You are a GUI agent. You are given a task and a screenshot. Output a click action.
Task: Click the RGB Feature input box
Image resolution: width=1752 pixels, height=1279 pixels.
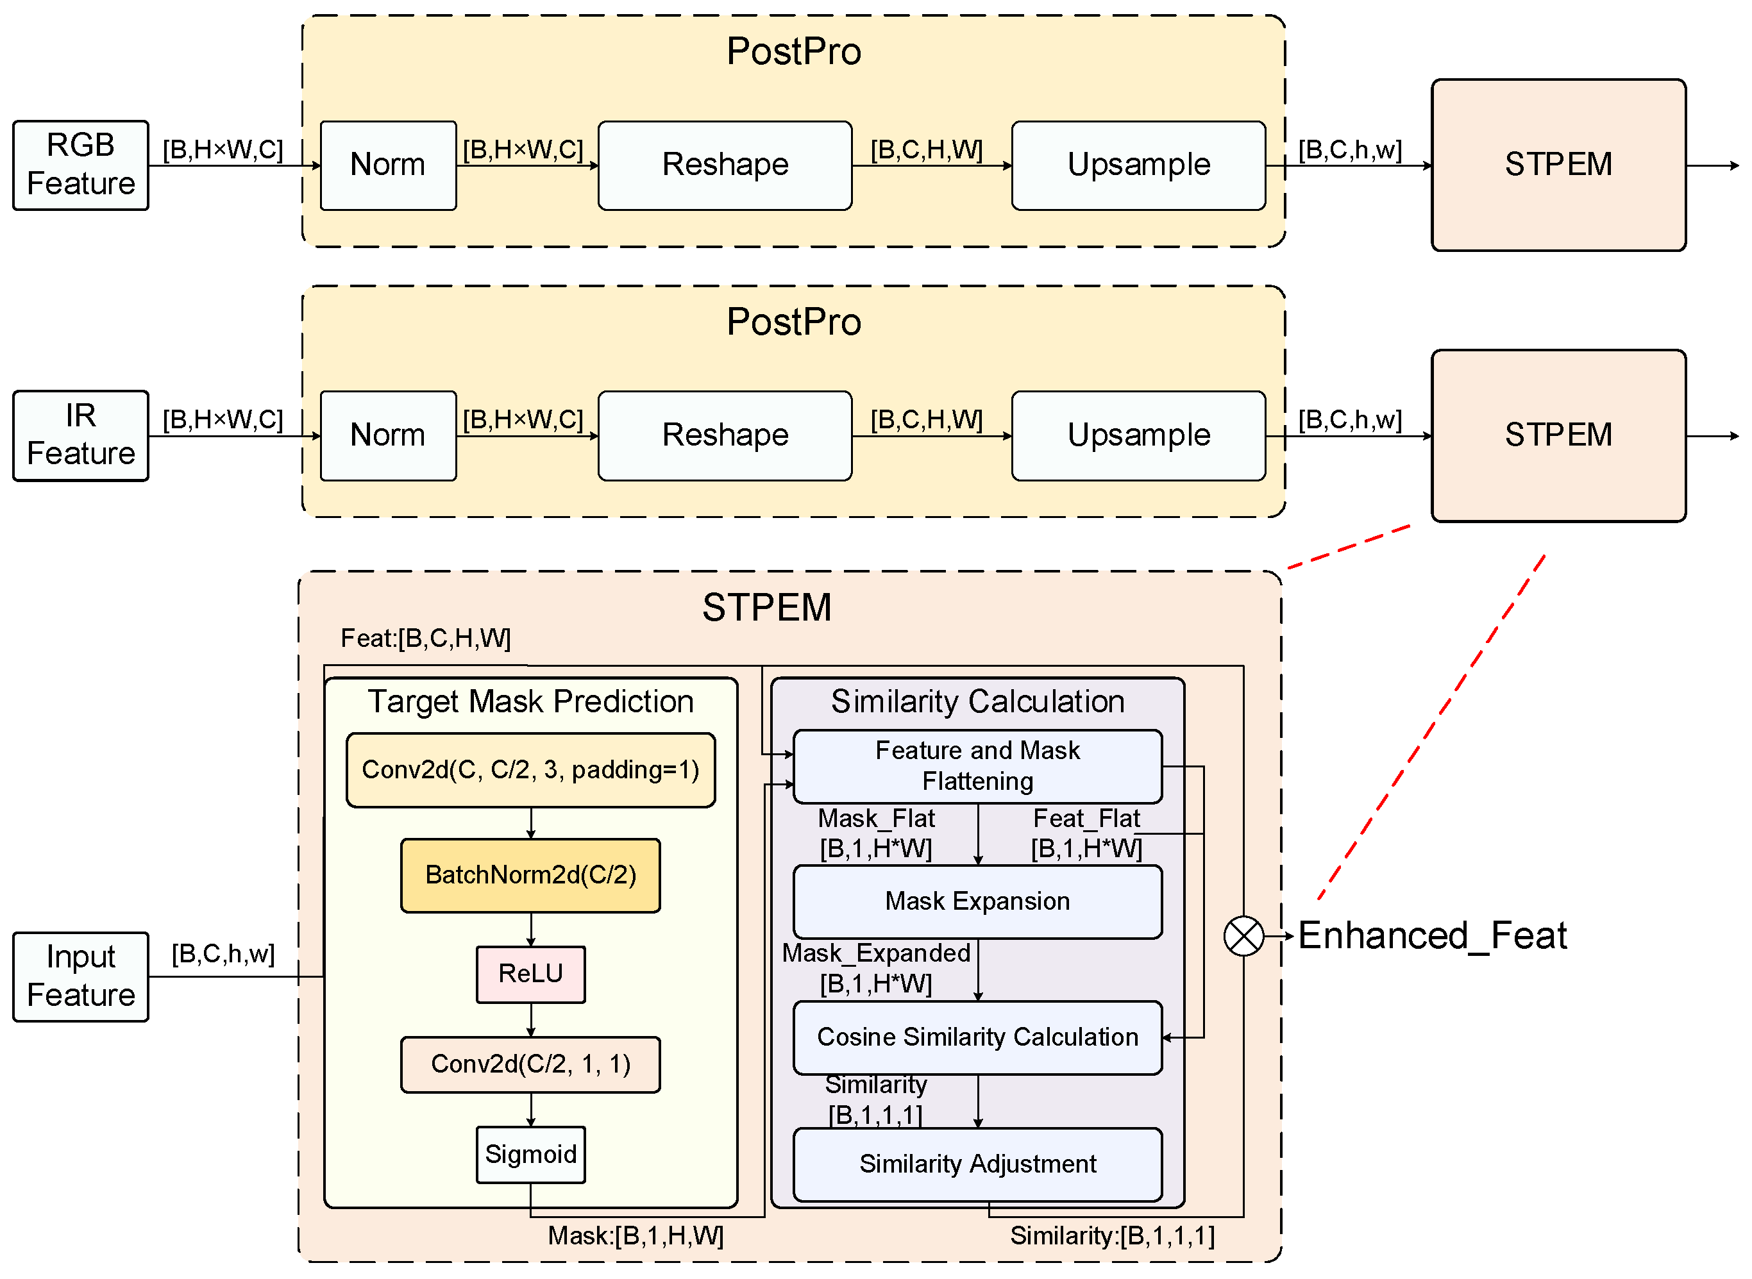(81, 165)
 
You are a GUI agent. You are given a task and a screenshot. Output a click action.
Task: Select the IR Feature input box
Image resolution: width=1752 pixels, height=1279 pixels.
(81, 435)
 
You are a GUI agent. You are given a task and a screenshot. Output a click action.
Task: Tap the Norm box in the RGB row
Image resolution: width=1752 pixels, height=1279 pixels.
(387, 165)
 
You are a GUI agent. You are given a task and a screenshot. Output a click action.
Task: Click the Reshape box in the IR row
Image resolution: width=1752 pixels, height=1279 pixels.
(724, 435)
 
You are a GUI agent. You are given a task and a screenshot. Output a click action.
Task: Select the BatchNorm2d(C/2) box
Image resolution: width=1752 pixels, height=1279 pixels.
(530, 875)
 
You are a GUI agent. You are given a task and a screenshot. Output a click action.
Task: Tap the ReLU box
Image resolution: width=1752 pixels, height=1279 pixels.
(530, 973)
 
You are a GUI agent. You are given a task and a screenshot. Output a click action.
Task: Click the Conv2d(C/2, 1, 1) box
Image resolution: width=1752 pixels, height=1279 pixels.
(530, 1064)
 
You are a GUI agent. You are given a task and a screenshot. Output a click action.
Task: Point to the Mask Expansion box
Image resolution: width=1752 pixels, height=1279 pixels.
(977, 901)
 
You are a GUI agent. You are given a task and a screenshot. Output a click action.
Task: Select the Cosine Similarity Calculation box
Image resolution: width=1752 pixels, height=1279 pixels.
(977, 1037)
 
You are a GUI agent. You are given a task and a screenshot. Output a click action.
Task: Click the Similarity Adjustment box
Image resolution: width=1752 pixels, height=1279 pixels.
(977, 1164)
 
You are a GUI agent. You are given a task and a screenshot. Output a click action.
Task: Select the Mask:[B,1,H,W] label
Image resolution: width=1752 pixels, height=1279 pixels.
(635, 1235)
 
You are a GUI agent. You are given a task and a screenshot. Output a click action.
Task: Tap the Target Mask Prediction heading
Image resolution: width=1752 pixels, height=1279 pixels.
(530, 701)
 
